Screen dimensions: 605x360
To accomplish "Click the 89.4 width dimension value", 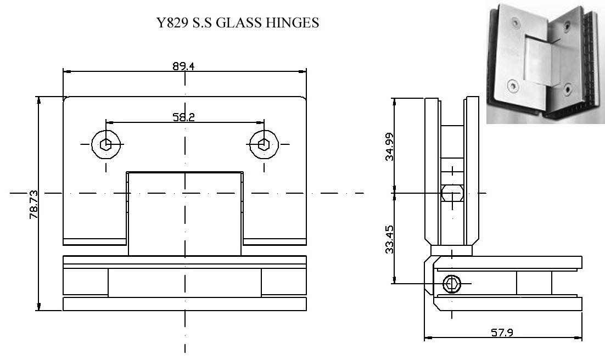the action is coord(183,66).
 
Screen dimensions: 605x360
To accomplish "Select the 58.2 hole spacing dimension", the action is coord(184,117).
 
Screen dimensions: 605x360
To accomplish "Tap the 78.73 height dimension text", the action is coord(33,204).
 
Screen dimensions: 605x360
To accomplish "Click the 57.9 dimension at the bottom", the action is coord(502,332).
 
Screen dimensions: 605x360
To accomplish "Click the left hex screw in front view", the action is coord(106,144).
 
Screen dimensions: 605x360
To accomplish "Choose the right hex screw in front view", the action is coord(264,144).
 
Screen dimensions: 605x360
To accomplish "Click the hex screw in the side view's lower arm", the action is coord(452,284).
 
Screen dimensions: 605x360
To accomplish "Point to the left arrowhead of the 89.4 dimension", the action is coord(67,71).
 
